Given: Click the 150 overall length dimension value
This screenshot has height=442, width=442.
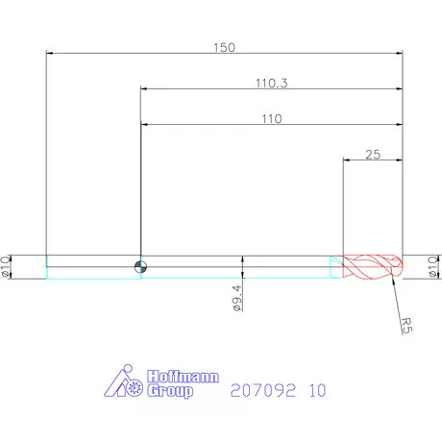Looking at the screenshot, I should coord(224,45).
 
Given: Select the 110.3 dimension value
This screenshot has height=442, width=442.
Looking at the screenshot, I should coord(271,83).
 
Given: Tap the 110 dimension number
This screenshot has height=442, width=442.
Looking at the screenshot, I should coord(270,118).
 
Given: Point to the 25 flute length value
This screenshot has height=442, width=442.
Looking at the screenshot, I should coord(374,154).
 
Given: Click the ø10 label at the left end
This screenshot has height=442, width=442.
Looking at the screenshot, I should coord(8,266).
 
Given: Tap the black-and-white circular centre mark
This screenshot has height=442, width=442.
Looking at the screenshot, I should coord(141,267).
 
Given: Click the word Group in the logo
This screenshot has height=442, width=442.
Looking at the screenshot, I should coord(171,391).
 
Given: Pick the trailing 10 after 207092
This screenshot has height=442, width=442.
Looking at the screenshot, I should coord(318,390).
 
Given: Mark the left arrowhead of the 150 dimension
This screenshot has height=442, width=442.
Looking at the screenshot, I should coord(50,53).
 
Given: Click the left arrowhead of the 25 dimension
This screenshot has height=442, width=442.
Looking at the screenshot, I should coord(348,160).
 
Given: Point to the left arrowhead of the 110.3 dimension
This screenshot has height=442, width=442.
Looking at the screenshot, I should coord(145,89).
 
